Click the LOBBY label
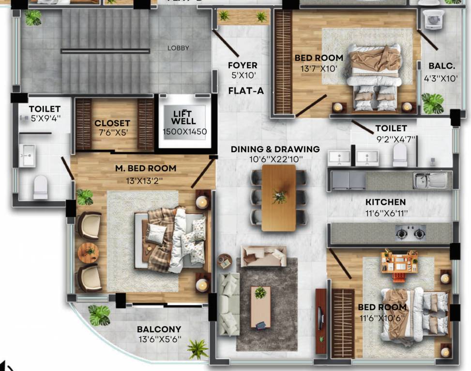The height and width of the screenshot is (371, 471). point(178,48)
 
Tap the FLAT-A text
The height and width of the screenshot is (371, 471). point(246,90)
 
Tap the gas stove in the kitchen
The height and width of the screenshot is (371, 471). point(411,234)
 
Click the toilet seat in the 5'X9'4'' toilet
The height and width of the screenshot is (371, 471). point(41,186)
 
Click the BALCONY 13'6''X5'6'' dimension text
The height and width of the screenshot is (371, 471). point(160,339)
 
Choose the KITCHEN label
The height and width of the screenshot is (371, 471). point(385,202)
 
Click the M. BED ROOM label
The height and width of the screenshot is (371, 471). point(145,169)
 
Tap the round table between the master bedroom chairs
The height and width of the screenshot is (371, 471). point(89,253)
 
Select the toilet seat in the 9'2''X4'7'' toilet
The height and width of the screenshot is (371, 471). point(400,156)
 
